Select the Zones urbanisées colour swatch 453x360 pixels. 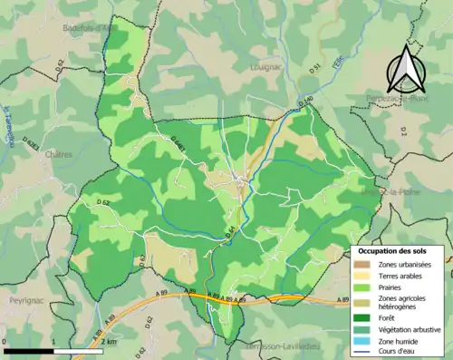[x=365, y=263]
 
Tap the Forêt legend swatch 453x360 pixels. [x=365, y=317]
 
